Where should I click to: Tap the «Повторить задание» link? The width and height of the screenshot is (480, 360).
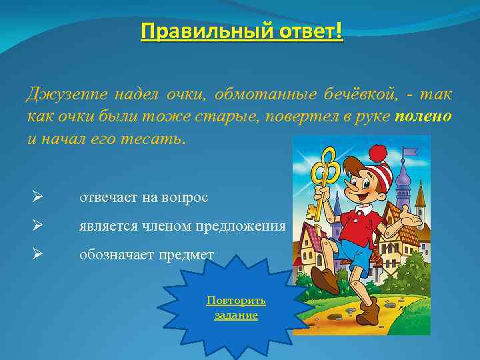(x=236, y=307)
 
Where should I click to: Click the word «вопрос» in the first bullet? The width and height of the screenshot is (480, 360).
(x=185, y=198)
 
